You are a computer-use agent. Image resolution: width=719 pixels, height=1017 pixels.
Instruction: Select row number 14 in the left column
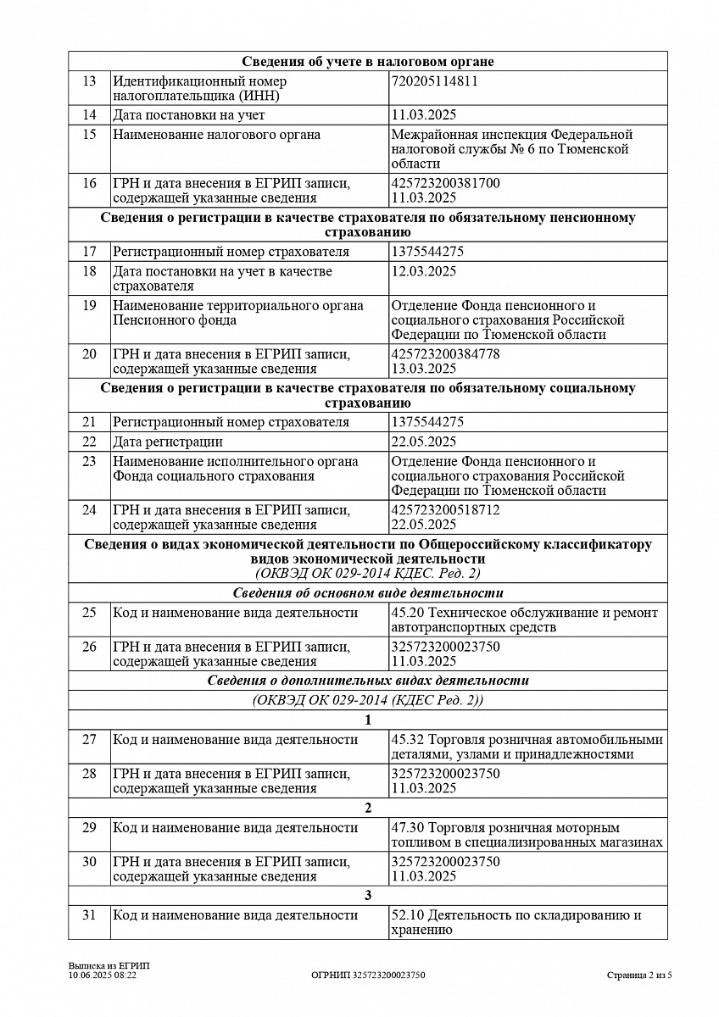[x=89, y=115]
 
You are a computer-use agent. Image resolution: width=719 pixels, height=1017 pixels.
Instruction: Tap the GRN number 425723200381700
[x=446, y=183]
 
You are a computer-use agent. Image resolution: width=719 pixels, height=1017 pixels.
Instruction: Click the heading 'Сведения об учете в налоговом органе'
[x=368, y=62]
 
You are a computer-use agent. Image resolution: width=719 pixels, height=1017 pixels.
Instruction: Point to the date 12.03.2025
[x=424, y=271]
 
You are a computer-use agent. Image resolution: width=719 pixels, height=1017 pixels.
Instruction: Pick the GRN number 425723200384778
[x=446, y=353]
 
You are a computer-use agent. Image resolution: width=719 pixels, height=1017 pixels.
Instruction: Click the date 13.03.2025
[x=424, y=368]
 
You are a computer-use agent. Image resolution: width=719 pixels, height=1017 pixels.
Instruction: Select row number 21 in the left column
[x=89, y=422]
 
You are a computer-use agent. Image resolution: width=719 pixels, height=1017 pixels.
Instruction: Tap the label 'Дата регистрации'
[x=168, y=442]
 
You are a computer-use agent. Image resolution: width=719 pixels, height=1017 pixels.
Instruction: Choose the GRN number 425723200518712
[x=446, y=509]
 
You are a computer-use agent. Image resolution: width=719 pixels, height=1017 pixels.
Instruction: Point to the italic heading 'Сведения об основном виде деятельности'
[x=368, y=593]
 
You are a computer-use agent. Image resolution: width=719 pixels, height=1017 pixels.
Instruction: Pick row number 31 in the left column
[x=89, y=915]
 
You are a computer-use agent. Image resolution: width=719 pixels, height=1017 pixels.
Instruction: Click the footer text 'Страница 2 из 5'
[x=639, y=975]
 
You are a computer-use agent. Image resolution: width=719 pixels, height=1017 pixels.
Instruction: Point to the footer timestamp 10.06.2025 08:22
[x=103, y=975]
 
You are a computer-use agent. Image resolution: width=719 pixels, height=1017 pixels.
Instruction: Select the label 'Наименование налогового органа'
[x=217, y=135]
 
